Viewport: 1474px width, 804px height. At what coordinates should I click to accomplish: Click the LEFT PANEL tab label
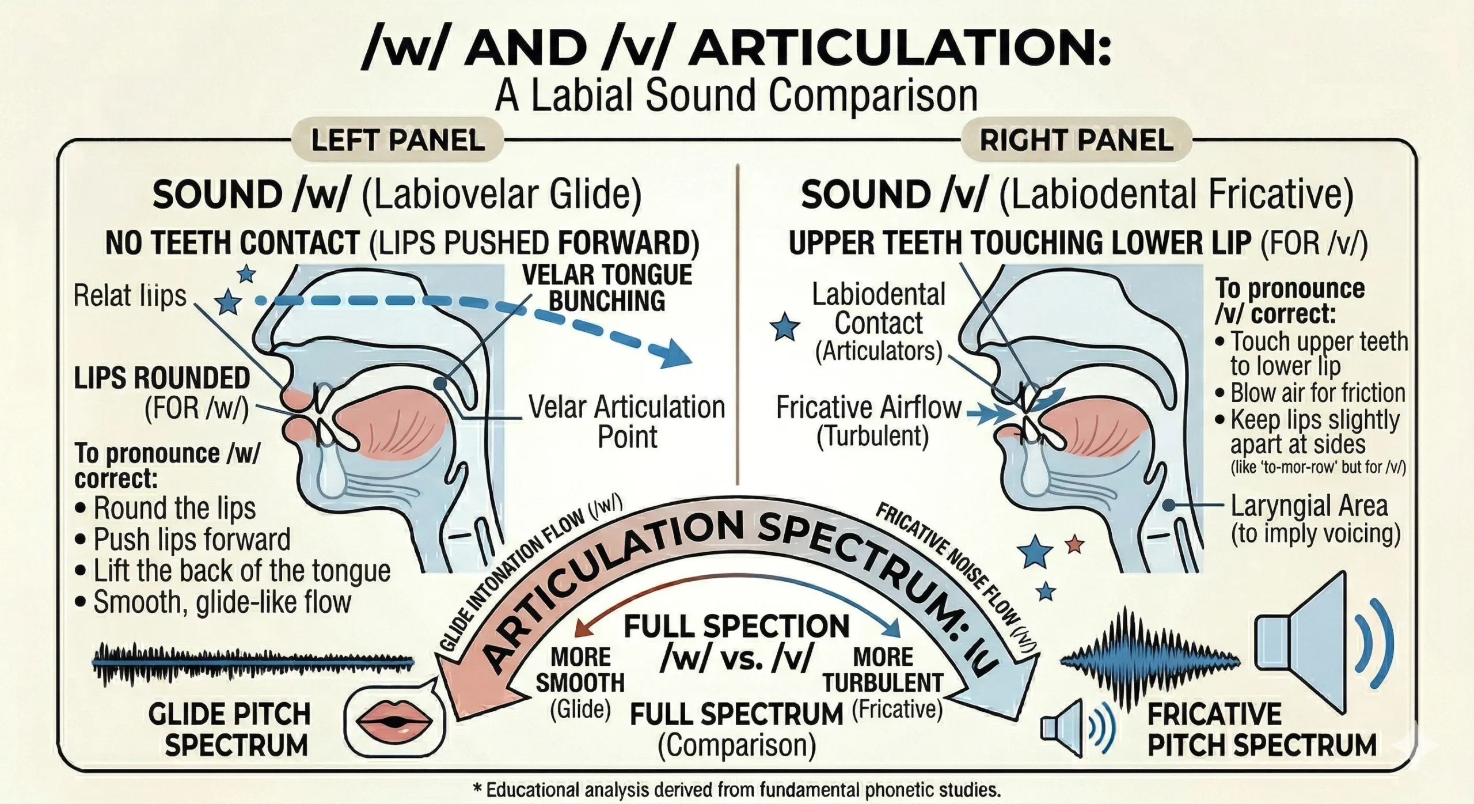coord(398,141)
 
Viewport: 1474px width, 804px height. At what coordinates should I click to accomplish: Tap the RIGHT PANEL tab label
coord(1076,141)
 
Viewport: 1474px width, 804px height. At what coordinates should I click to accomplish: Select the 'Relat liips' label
coord(131,296)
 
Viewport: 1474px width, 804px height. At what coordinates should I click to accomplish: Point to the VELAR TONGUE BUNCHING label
coord(607,288)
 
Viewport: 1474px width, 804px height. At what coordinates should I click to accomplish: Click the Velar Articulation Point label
coord(626,422)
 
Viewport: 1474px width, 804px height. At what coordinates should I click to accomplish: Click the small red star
coord(1074,544)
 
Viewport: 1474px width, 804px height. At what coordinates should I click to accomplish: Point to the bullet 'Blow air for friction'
coord(1317,393)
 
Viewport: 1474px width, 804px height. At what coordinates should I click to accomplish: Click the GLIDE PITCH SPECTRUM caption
coord(230,730)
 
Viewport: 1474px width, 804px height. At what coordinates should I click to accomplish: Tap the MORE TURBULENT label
coord(883,670)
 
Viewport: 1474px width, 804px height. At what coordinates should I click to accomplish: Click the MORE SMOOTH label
coord(580,670)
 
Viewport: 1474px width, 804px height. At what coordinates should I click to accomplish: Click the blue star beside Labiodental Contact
coord(785,327)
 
